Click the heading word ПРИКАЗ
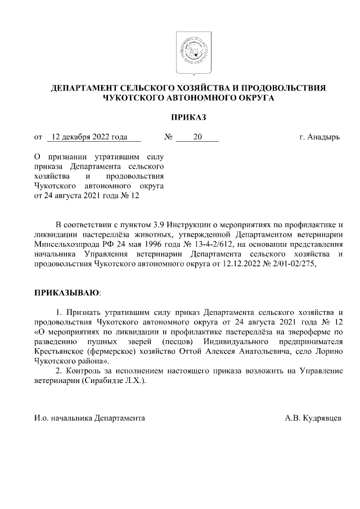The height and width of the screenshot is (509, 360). tap(188, 117)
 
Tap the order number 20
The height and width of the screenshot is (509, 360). tap(197, 137)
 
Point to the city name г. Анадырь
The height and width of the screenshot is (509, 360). tap(319, 137)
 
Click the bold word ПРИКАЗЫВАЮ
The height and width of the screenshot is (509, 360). tap(66, 294)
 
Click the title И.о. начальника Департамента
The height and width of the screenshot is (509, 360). tap(89, 418)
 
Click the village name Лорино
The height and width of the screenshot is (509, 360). tap(327, 352)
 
